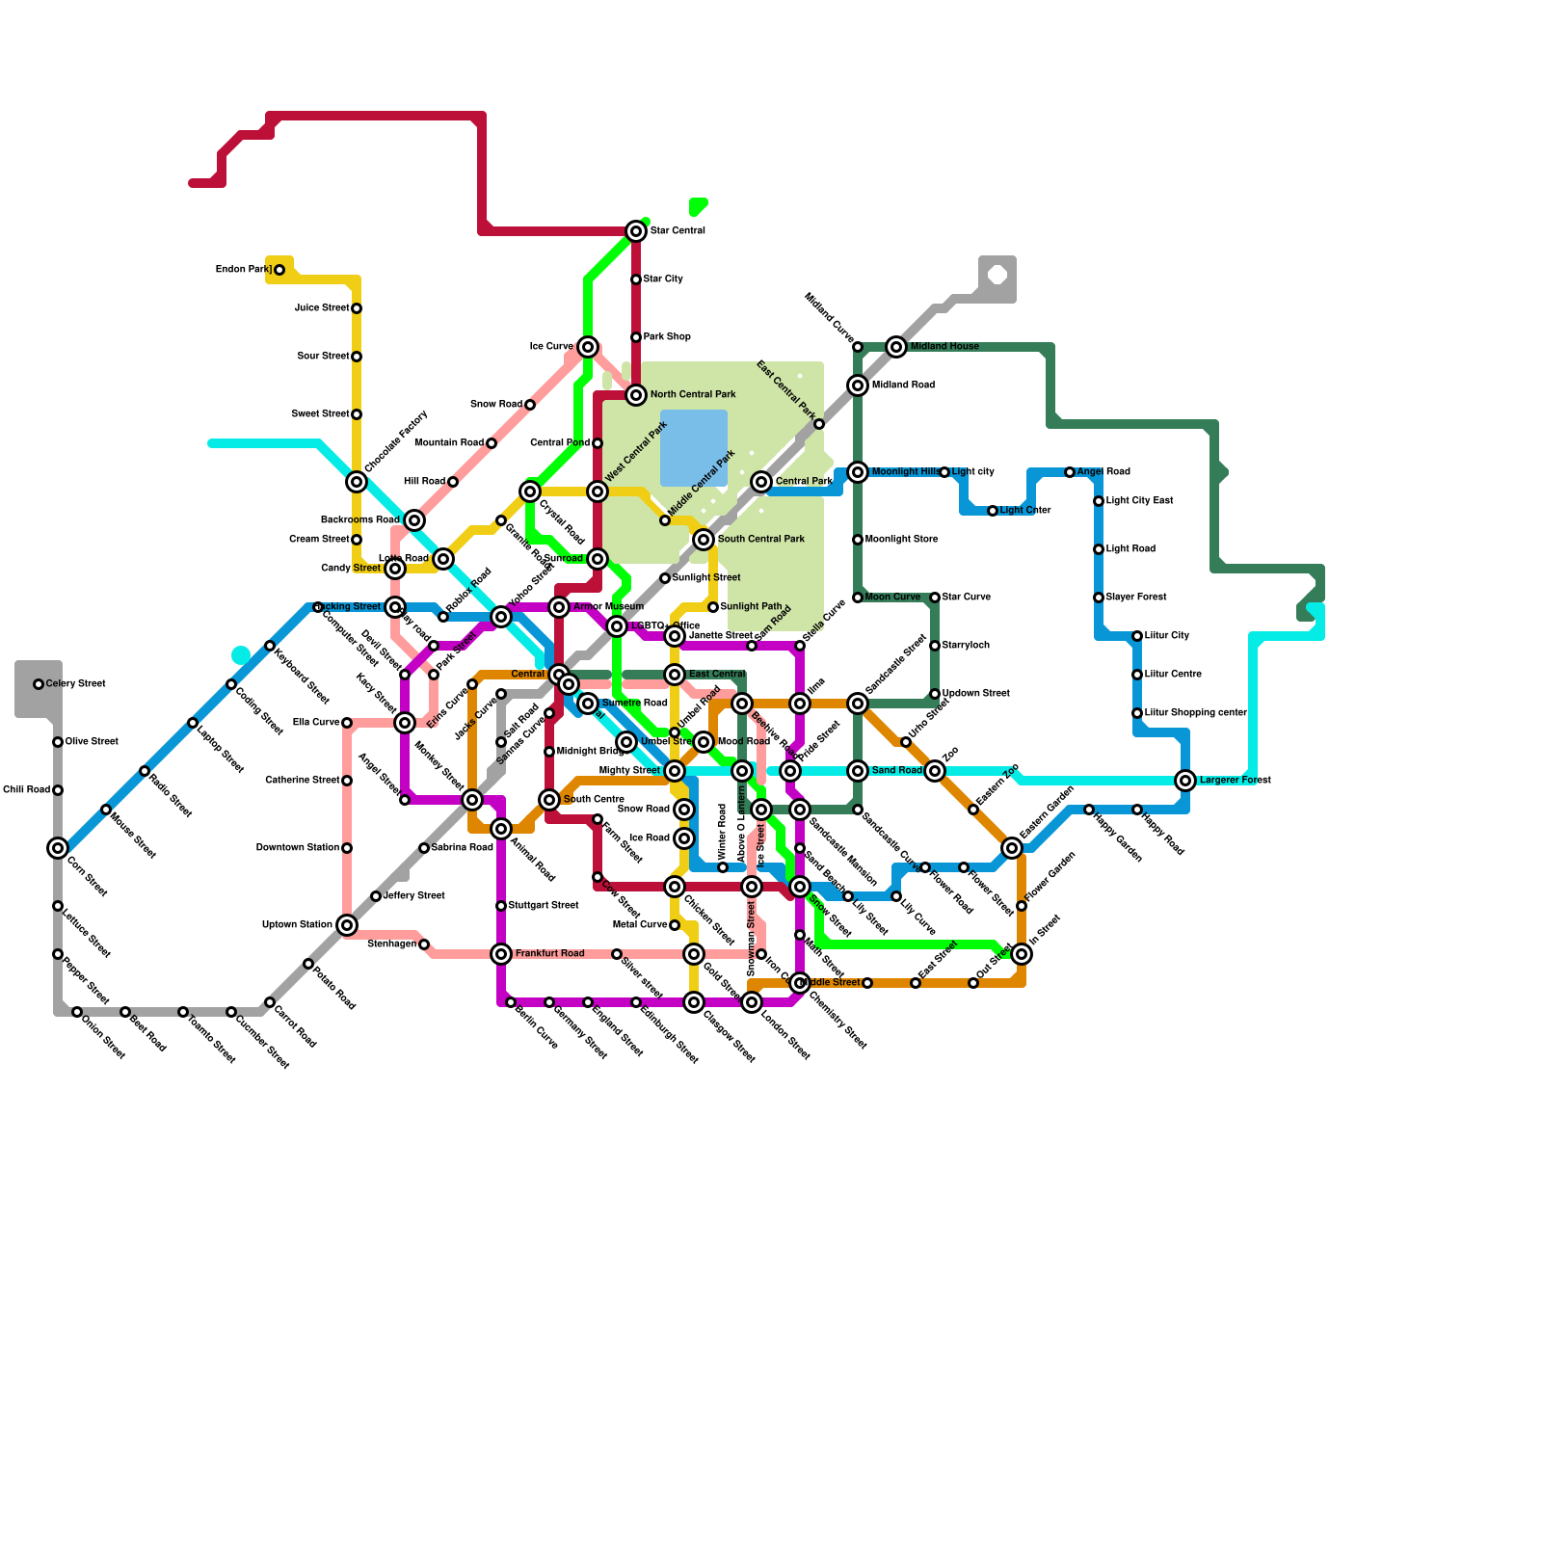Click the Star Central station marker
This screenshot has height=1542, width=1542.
[x=636, y=231]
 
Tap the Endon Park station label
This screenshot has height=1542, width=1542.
[x=243, y=270]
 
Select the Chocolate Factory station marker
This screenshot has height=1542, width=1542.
[x=357, y=482]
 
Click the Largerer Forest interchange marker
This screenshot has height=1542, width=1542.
[x=1185, y=781]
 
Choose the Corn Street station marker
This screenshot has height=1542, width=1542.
[x=58, y=848]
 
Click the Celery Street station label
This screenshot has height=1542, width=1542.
[x=75, y=684]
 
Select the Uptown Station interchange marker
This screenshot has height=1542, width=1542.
[x=347, y=925]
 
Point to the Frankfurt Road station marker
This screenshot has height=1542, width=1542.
[x=501, y=954]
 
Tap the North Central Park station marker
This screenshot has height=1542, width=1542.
[x=636, y=395]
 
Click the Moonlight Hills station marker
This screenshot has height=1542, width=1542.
[x=858, y=472]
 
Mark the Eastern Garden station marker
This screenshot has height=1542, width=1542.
[x=1012, y=848]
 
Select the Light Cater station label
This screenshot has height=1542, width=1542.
[x=1025, y=511]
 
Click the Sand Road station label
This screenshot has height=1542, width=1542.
[x=896, y=771]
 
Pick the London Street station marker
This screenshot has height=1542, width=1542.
[x=752, y=1002]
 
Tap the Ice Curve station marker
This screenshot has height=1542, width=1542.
[x=588, y=347]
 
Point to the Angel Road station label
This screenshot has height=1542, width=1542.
[x=1103, y=472]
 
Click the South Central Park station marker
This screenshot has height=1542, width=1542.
[x=704, y=540]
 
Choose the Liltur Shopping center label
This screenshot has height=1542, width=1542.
[x=1195, y=713]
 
